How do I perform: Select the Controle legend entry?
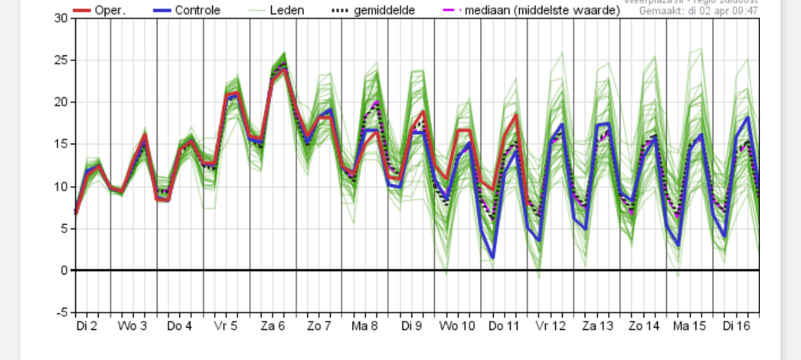coord(197,10)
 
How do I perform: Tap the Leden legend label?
coord(287,10)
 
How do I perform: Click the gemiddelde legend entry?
coord(384,10)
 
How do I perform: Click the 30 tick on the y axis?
coord(61,18)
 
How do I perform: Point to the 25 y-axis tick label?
coord(61,60)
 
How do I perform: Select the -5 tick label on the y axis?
coord(61,313)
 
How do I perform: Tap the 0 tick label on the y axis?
coord(64,270)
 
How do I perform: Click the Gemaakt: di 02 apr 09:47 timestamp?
coord(698,11)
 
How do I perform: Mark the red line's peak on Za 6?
coord(284,69)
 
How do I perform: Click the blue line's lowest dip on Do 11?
coord(493,257)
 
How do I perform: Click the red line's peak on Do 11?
coord(516,115)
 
